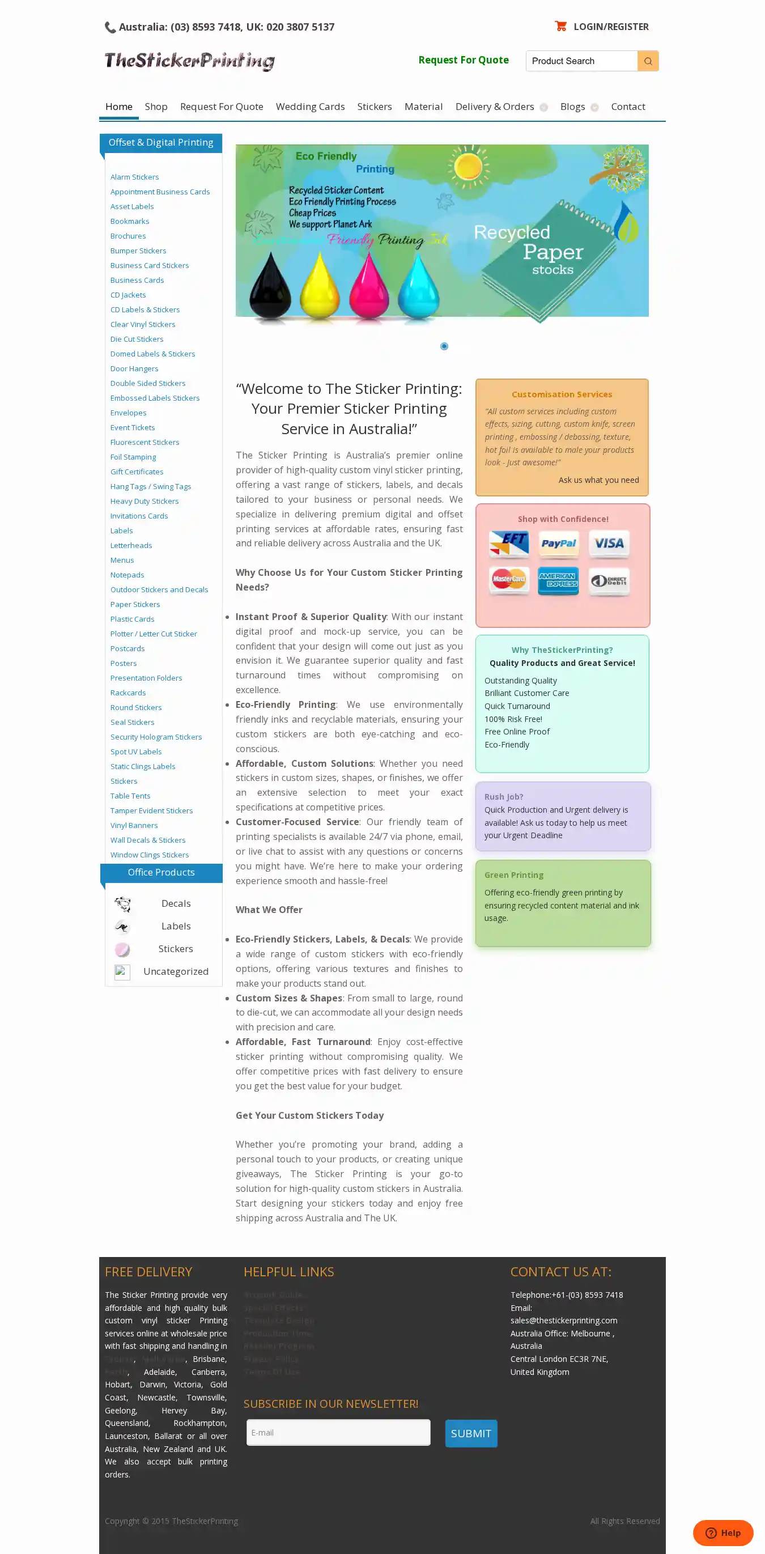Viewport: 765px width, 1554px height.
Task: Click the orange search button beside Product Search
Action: click(647, 61)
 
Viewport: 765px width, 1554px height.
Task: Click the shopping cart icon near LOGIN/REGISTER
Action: click(560, 26)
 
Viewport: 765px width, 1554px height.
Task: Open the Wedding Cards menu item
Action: click(310, 107)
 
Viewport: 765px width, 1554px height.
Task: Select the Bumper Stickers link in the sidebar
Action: click(138, 251)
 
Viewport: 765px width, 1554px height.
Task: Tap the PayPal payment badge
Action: click(558, 544)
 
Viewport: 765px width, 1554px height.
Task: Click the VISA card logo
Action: click(609, 544)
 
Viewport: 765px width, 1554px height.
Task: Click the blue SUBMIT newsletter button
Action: click(470, 1433)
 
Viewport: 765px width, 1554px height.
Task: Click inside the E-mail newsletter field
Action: click(338, 1432)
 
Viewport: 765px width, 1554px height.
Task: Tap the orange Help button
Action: click(722, 1533)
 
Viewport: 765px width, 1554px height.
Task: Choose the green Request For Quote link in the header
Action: click(464, 60)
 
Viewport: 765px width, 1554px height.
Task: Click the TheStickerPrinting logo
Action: click(189, 61)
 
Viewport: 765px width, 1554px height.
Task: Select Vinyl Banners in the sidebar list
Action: click(134, 825)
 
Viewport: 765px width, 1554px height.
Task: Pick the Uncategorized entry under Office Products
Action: click(176, 971)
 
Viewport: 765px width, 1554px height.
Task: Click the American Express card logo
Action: click(558, 580)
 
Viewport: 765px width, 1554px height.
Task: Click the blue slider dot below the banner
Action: click(444, 346)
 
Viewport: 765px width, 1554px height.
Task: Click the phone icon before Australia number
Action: click(110, 27)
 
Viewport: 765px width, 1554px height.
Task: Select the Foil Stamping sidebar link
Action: click(133, 457)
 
